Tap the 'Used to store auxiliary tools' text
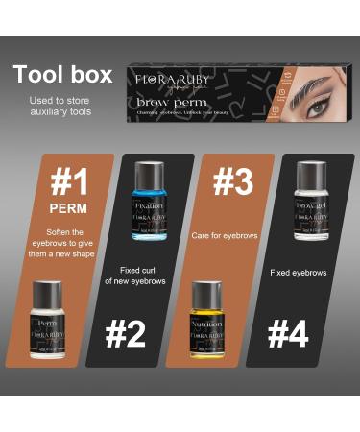(61, 106)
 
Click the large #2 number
(126, 334)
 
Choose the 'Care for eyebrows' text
(224, 235)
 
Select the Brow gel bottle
(311, 205)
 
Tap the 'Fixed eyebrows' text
(299, 273)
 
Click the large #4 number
(287, 334)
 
